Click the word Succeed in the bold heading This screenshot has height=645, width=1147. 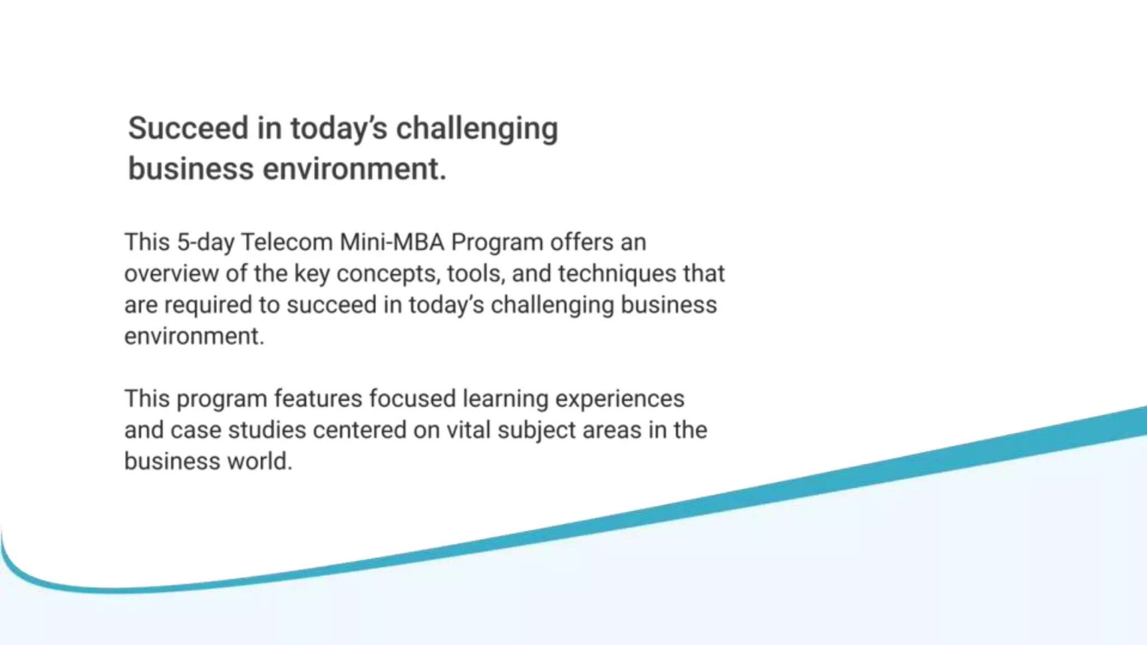(188, 128)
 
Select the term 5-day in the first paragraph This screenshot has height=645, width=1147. (206, 242)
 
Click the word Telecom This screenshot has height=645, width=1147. (287, 242)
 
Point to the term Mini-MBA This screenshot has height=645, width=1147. (392, 242)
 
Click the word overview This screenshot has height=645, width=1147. (171, 274)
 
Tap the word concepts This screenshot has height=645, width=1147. (388, 274)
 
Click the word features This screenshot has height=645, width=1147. (318, 399)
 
